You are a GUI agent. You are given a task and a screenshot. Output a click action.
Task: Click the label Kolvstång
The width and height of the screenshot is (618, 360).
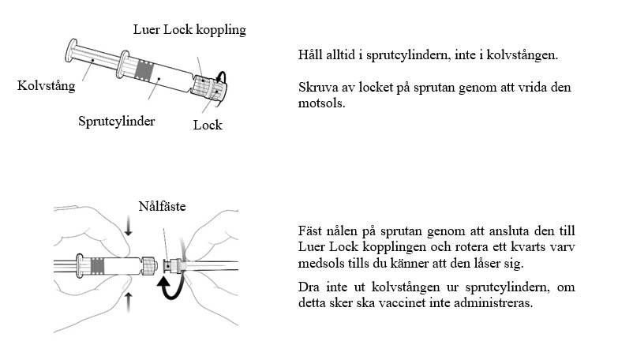pyautogui.click(x=47, y=86)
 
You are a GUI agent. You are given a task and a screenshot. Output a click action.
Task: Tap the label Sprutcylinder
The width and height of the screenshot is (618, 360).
pyautogui.click(x=116, y=122)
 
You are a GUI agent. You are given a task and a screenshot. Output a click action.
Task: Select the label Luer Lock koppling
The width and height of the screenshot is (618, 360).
pyautogui.click(x=189, y=30)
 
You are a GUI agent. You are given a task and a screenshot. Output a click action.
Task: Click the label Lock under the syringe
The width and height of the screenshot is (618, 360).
pyautogui.click(x=208, y=125)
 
